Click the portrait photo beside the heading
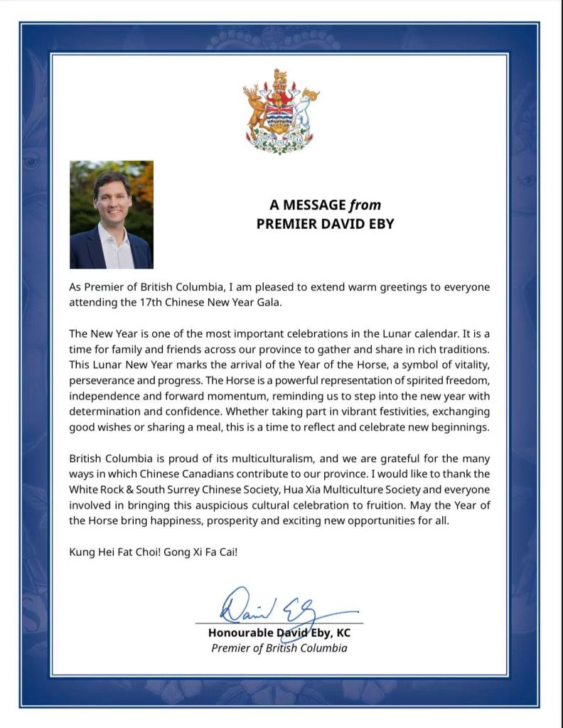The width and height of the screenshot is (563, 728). pyautogui.click(x=112, y=215)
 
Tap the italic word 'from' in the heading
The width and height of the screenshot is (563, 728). pyautogui.click(x=365, y=205)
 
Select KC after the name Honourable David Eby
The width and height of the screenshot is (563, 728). pyautogui.click(x=343, y=633)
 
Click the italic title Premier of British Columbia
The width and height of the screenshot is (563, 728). pyautogui.click(x=279, y=648)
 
